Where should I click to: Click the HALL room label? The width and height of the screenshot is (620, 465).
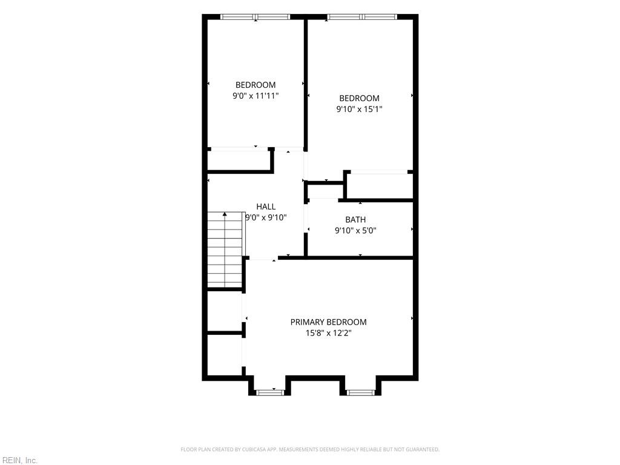point(266,206)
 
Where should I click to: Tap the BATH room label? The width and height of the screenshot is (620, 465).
point(355,219)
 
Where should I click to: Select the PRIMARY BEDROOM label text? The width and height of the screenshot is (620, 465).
point(328,322)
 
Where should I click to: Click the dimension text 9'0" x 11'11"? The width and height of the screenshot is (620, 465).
point(256,96)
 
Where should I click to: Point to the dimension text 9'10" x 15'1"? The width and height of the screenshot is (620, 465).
point(359,109)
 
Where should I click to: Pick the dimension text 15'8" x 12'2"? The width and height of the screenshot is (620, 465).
point(328,333)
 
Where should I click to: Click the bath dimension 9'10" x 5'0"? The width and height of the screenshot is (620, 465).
point(355,231)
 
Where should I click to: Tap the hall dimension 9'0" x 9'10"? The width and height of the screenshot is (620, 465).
point(266,217)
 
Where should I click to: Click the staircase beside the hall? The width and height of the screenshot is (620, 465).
point(225,249)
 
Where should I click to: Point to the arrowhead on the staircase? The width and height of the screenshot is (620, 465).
point(225,214)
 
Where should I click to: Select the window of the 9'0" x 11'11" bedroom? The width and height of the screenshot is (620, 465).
point(256,17)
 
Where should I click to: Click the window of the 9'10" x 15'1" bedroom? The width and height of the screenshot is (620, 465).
point(362,17)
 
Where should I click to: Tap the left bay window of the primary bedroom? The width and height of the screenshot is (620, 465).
point(271,392)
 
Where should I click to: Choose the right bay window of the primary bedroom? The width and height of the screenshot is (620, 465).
point(360,392)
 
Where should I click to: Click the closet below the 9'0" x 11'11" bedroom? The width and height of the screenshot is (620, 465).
point(239,160)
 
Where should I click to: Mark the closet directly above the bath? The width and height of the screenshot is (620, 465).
point(380,185)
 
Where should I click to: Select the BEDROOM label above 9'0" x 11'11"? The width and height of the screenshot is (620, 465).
point(256,85)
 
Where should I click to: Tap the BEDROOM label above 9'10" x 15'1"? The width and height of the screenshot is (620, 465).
point(359,98)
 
